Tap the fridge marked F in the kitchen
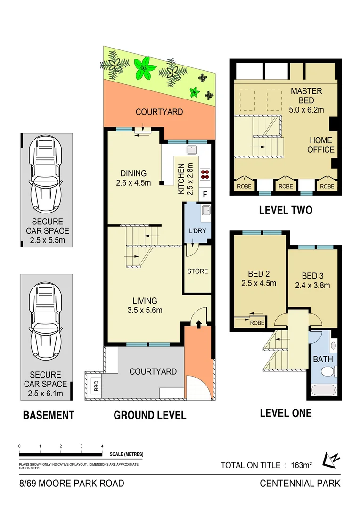click(205, 194)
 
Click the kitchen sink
click(192, 150)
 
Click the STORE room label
click(197, 271)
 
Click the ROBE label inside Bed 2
click(256, 323)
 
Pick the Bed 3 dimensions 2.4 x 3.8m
click(312, 285)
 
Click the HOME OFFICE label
click(321, 145)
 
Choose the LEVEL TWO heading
click(286, 210)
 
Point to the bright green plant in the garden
click(144, 68)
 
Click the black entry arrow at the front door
click(198, 324)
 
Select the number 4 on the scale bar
click(102, 446)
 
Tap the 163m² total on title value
click(300, 465)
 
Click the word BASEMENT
click(49, 415)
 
